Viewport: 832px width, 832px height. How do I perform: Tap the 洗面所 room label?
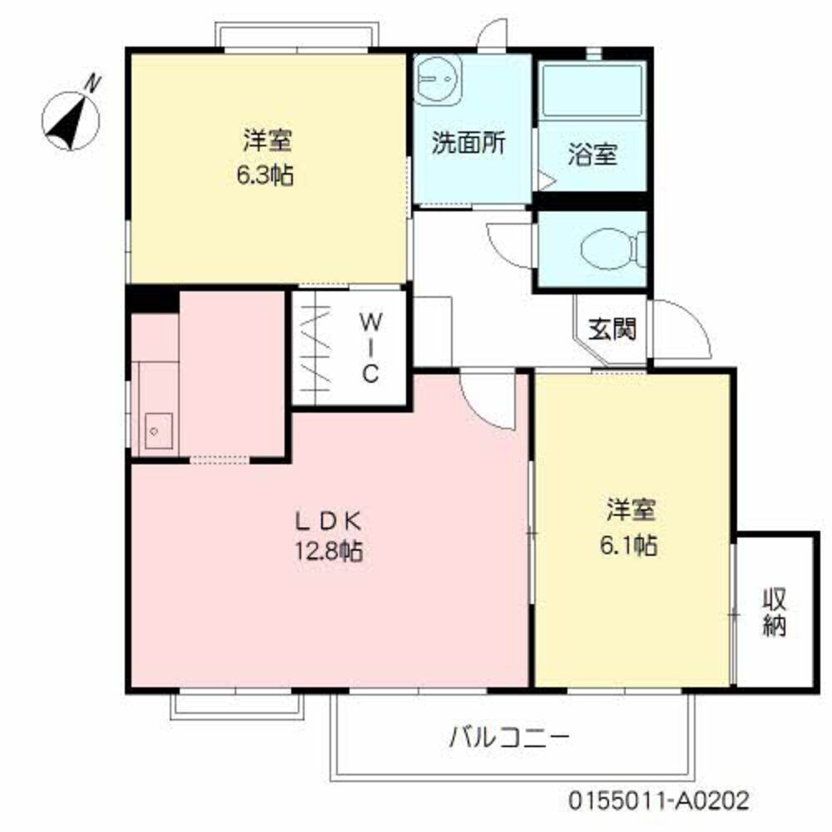pyautogui.click(x=468, y=143)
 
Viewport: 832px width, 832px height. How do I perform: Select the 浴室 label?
pyautogui.click(x=592, y=154)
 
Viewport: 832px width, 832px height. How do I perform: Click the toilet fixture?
pyautogui.click(x=609, y=248)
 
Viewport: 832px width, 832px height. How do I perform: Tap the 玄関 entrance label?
pyautogui.click(x=613, y=330)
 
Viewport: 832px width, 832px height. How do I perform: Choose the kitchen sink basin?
pyautogui.click(x=157, y=431)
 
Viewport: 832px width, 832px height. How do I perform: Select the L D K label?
pyautogui.click(x=327, y=522)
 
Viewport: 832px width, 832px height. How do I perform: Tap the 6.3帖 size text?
pyautogui.click(x=267, y=176)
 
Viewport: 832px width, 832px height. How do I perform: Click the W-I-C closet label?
pyautogui.click(x=370, y=347)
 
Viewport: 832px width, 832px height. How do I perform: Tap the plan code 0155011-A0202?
pyautogui.click(x=659, y=801)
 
